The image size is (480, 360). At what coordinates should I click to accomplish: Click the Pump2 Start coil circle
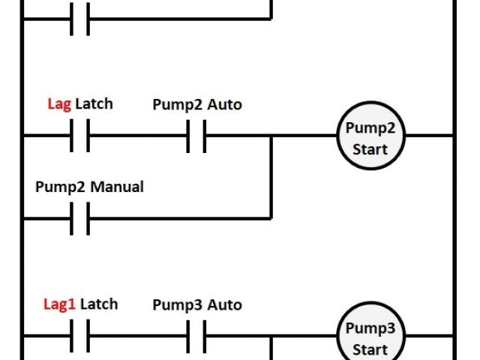[370, 136]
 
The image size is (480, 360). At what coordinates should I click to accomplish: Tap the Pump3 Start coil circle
[370, 337]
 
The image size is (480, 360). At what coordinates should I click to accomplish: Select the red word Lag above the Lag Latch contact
[59, 103]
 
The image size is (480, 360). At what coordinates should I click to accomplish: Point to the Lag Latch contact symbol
[79, 136]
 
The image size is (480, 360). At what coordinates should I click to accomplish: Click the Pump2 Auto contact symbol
[196, 136]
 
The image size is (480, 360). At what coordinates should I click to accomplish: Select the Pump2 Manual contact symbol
[79, 219]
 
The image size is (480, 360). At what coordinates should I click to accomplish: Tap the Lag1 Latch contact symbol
[79, 335]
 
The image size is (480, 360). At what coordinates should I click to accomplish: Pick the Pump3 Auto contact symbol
[196, 335]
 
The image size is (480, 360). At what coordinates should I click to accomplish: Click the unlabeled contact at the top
[79, 19]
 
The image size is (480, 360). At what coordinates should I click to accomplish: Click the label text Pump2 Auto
[197, 104]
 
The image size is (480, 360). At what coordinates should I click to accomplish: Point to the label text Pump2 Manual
[89, 187]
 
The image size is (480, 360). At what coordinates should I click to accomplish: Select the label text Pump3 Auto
[197, 304]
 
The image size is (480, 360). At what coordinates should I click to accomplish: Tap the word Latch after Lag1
[99, 304]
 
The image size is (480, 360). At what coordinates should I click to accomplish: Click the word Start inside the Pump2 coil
[370, 148]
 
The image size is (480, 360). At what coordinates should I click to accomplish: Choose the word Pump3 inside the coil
[370, 328]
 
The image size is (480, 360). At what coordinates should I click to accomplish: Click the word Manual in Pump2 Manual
[117, 187]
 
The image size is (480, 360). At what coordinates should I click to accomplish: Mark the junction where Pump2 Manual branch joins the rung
[271, 136]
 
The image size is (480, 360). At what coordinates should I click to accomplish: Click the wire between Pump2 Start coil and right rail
[429, 136]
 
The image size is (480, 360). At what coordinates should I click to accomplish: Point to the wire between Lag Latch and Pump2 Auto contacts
[138, 136]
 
